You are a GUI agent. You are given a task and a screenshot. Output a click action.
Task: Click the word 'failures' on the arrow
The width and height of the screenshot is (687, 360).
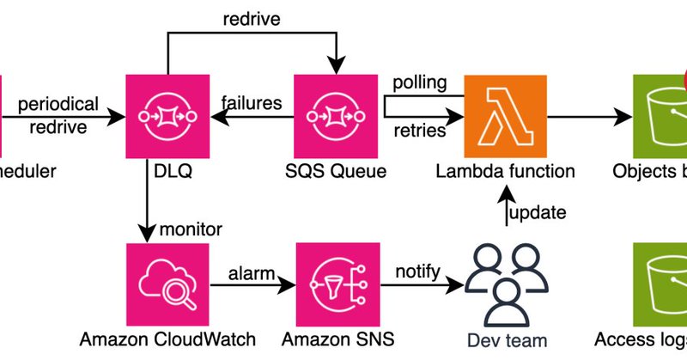click(252, 103)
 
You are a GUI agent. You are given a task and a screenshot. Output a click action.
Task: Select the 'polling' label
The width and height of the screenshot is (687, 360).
click(420, 84)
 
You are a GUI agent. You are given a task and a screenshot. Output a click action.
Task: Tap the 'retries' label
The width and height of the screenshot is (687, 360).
click(420, 131)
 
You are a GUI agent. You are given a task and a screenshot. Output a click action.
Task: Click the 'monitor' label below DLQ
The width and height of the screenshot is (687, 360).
click(192, 229)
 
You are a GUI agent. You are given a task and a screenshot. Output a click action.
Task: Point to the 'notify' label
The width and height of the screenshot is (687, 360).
click(417, 272)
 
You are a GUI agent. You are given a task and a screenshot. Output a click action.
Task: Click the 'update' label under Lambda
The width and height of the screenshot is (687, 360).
click(538, 212)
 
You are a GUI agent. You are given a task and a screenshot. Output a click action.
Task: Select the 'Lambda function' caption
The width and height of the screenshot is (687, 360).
click(505, 171)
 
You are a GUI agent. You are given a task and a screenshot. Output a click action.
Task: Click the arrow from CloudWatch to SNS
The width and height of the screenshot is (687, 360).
click(249, 289)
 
